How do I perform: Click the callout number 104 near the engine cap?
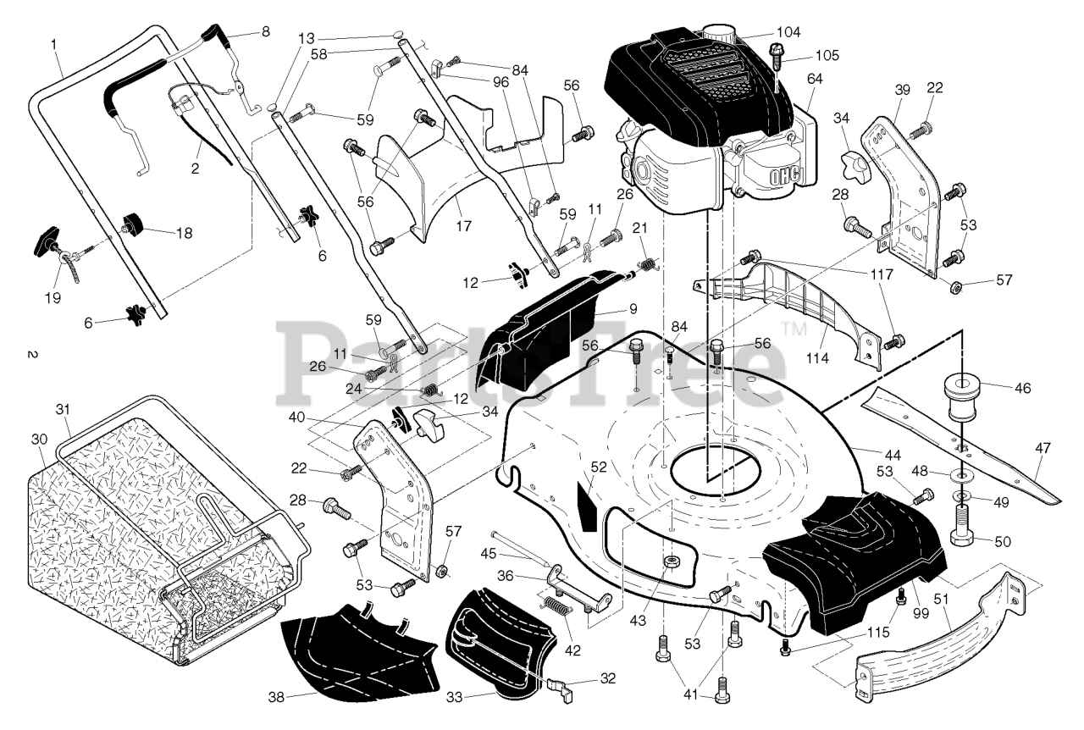(x=788, y=32)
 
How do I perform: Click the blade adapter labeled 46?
(x=961, y=395)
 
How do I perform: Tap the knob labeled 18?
(x=134, y=224)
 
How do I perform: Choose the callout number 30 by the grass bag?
(x=40, y=439)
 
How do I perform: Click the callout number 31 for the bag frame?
(x=63, y=410)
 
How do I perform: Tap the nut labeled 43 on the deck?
(x=669, y=563)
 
